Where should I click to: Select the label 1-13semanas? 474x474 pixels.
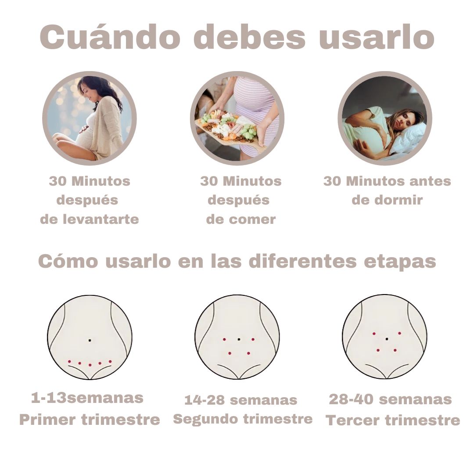tap(87, 398)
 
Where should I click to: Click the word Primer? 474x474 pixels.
tap(48, 420)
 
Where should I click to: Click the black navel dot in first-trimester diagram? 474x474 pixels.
tap(90, 341)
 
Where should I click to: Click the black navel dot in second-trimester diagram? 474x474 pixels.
tap(239, 339)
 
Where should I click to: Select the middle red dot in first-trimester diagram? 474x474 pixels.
tap(90, 365)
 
